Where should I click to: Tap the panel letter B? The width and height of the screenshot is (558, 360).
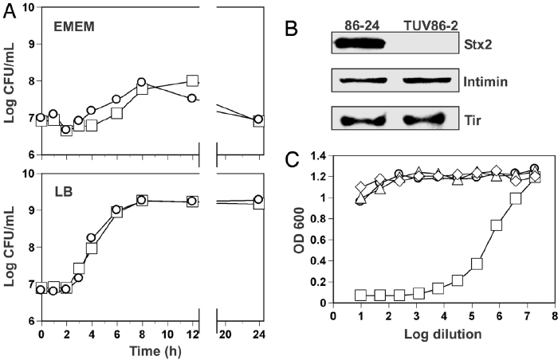293,33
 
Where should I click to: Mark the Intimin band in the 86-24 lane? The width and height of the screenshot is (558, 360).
356,81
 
